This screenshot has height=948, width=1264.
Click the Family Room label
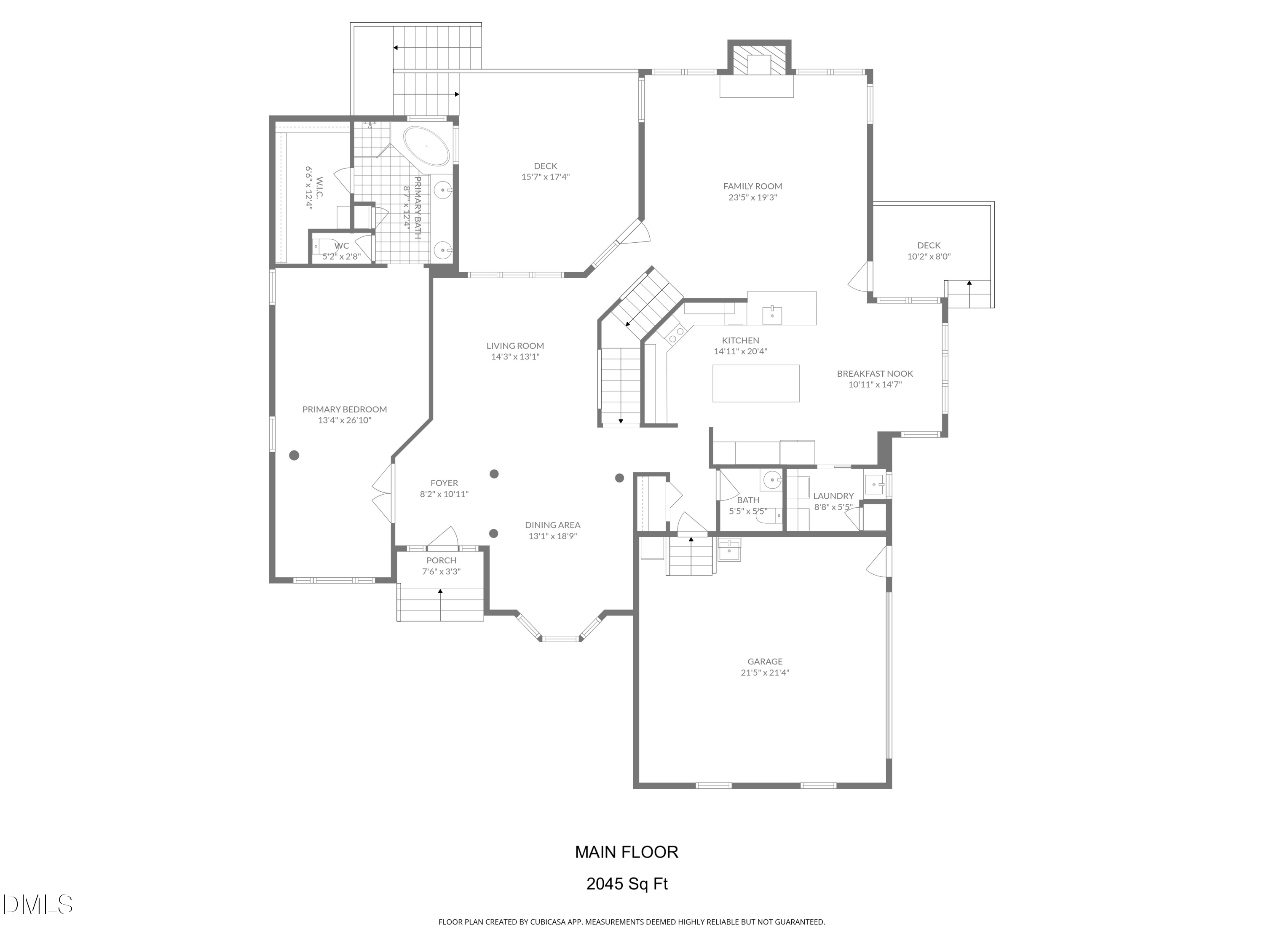[x=752, y=186]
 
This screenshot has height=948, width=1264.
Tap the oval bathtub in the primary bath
[x=426, y=147]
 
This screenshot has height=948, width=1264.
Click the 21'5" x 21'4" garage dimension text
[x=765, y=672]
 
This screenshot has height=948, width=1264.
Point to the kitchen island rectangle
[x=755, y=383]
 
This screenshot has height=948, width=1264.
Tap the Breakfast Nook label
[x=874, y=374]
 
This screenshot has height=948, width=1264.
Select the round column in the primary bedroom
[x=294, y=455]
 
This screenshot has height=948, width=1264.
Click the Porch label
[x=441, y=560]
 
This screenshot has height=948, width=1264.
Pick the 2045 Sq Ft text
[x=627, y=884]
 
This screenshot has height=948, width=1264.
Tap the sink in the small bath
[x=771, y=480]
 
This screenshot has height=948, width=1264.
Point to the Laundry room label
[x=833, y=496]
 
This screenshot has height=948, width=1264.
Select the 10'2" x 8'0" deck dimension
[x=929, y=257]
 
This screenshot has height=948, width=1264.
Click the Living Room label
[x=515, y=346]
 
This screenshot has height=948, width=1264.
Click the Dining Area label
[x=552, y=525]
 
